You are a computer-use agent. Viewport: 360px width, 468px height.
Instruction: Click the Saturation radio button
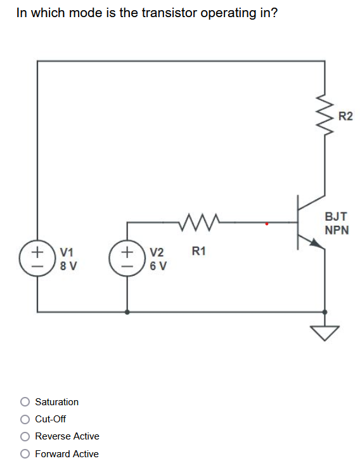25,401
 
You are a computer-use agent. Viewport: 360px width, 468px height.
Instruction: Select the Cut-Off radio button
25,419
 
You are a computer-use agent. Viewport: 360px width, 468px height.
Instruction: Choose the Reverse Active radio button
25,436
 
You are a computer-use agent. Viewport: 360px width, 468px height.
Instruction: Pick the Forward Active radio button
25,453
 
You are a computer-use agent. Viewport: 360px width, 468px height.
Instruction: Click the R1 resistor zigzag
199,223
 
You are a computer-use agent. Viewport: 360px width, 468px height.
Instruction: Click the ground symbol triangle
325,332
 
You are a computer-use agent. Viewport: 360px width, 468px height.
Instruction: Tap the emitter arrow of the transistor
315,242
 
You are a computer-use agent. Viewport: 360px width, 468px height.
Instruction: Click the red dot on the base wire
267,223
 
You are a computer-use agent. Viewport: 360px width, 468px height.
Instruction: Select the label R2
345,116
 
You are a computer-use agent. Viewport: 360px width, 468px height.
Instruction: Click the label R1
198,252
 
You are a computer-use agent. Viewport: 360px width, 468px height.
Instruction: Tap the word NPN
337,230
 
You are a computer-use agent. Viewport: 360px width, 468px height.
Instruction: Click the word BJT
336,216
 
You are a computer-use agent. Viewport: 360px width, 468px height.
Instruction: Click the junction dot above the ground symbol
325,312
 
